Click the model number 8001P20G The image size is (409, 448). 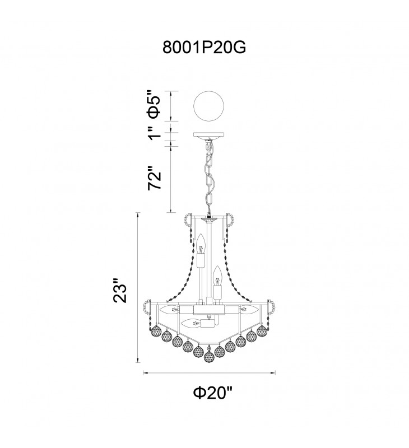point(204,48)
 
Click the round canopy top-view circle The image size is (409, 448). point(208,106)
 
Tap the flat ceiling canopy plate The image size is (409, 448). point(208,134)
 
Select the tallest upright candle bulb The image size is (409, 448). point(201,244)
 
